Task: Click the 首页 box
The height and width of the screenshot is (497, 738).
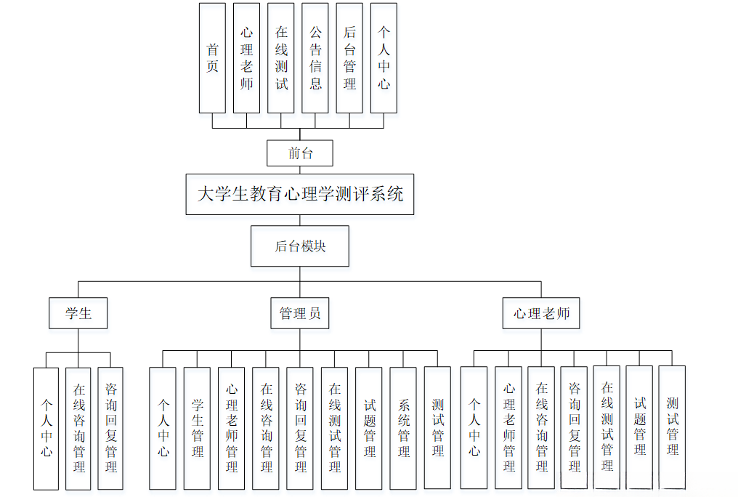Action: tap(212, 58)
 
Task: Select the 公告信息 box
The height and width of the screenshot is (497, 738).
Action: tap(315, 58)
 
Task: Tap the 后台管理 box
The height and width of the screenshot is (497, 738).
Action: tap(349, 58)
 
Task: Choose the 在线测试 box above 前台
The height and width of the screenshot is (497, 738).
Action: tap(281, 58)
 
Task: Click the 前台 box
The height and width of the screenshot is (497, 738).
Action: tap(300, 153)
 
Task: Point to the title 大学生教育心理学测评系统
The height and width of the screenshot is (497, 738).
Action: tap(300, 194)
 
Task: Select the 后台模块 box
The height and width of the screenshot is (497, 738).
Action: tap(300, 246)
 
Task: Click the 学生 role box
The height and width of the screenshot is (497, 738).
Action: tap(78, 314)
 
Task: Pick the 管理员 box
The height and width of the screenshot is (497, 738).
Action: tap(300, 314)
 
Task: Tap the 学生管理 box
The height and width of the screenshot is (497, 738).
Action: tap(197, 427)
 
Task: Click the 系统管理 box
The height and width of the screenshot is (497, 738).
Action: tap(403, 427)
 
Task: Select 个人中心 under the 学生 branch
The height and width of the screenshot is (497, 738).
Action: tap(46, 427)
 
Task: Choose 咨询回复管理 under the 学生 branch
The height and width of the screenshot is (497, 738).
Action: tap(110, 427)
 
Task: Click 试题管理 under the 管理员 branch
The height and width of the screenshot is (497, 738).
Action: tap(369, 427)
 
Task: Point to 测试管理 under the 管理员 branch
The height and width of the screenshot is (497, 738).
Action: tap(437, 427)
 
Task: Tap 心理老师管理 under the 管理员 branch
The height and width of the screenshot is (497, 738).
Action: tap(231, 427)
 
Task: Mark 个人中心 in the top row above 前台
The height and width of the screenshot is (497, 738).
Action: tap(384, 58)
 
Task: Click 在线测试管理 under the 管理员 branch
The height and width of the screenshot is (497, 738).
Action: tap(334, 427)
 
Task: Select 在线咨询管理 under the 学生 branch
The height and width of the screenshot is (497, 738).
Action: tap(78, 427)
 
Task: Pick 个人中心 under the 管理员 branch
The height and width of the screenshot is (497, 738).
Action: tap(163, 427)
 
